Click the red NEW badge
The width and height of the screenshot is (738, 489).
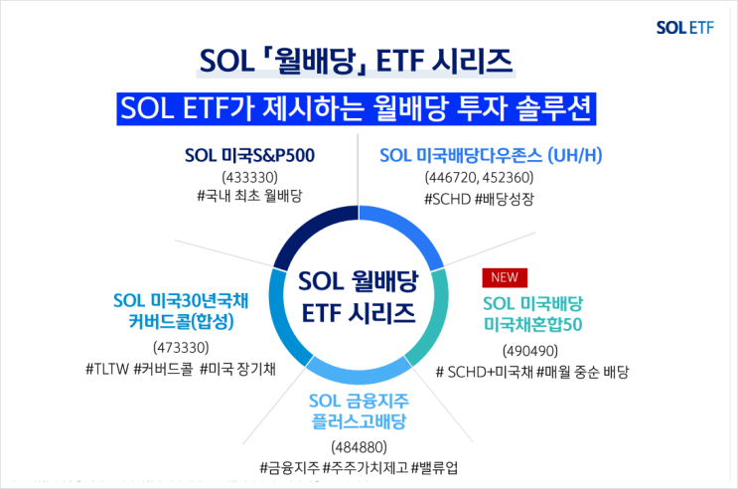pyautogui.click(x=504, y=277)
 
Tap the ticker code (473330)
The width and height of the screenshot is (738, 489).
pyautogui.click(x=180, y=347)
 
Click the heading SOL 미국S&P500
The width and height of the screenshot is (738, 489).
pyautogui.click(x=256, y=155)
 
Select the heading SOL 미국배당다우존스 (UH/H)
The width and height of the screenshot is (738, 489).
pyautogui.click(x=492, y=155)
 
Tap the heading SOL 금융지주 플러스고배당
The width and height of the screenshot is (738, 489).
pyautogui.click(x=359, y=412)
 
